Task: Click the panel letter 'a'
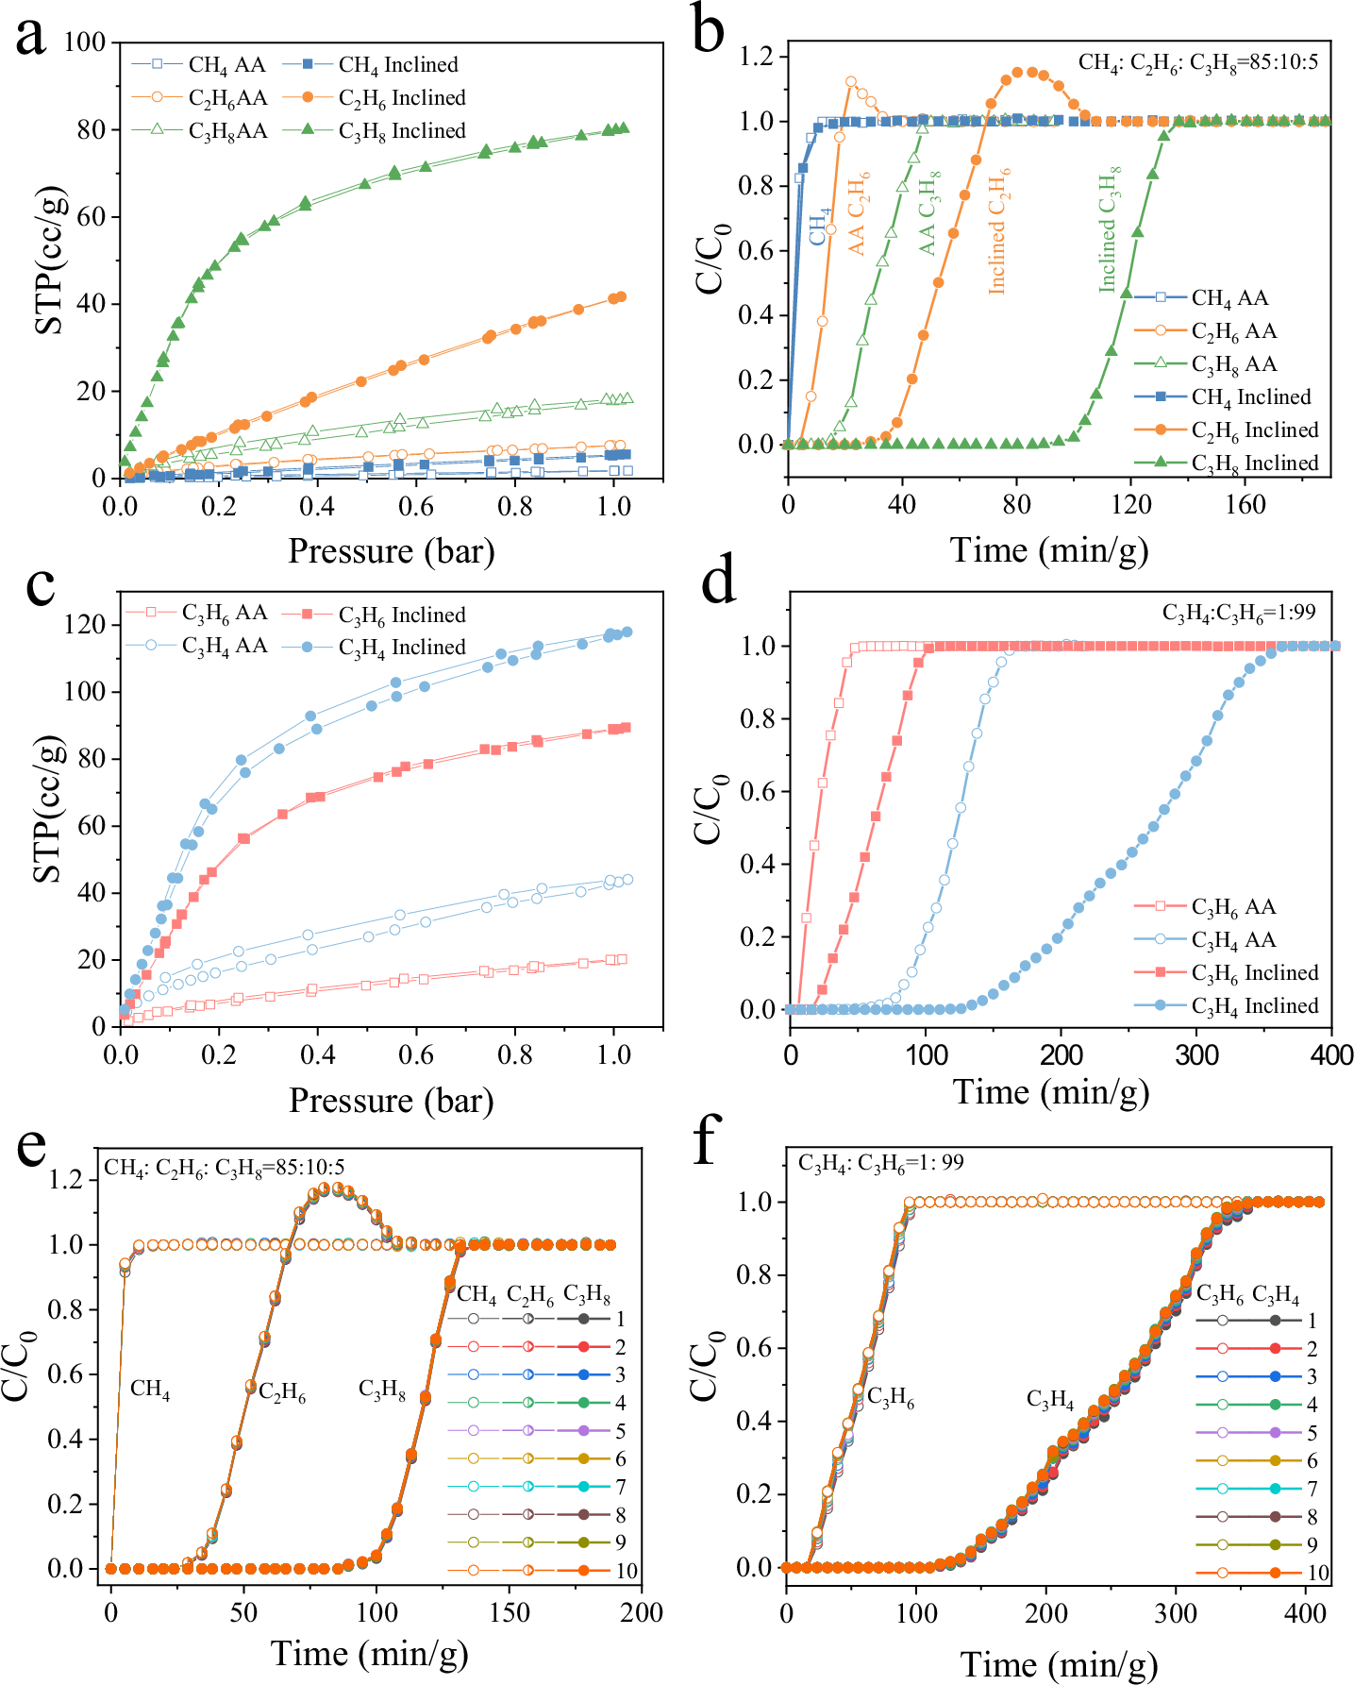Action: pyautogui.click(x=30, y=38)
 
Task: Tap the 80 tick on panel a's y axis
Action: pyautogui.click(x=91, y=129)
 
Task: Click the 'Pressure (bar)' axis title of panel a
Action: pyautogui.click(x=391, y=551)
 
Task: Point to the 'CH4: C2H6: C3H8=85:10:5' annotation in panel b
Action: pyautogui.click(x=1197, y=63)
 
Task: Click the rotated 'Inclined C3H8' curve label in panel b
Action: pyautogui.click(x=1110, y=229)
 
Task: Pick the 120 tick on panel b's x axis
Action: pyautogui.click(x=1130, y=506)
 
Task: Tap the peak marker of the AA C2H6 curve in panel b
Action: pyautogui.click(x=850, y=82)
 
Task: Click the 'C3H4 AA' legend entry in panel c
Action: pyautogui.click(x=224, y=647)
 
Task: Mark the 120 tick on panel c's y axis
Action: pyautogui.click(x=86, y=625)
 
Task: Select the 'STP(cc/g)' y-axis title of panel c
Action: pyautogui.click(x=47, y=809)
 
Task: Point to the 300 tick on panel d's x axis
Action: pyautogui.click(x=1196, y=1055)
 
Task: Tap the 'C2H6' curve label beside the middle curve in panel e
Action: pyautogui.click(x=281, y=1392)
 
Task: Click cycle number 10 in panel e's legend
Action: pyautogui.click(x=627, y=1571)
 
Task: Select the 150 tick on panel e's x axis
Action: pyautogui.click(x=509, y=1613)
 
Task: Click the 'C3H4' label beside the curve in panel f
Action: pyautogui.click(x=1049, y=1400)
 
